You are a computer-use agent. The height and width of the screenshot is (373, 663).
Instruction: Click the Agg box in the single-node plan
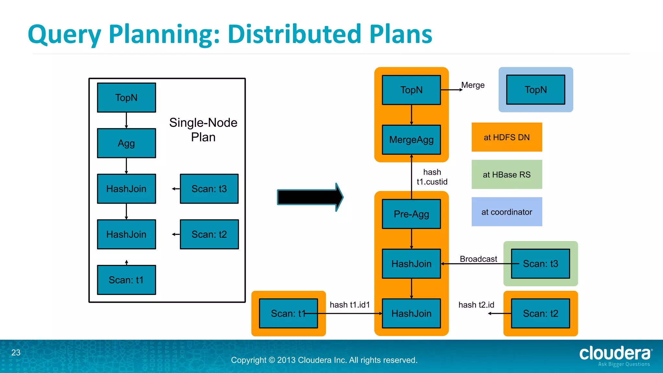(x=126, y=143)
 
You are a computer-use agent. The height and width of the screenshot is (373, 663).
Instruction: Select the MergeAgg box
(x=411, y=140)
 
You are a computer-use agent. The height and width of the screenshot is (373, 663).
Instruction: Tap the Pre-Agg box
(x=411, y=214)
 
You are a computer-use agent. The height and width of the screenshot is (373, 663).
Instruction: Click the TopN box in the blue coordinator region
(x=535, y=90)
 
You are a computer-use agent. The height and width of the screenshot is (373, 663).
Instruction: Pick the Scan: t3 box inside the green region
(x=540, y=264)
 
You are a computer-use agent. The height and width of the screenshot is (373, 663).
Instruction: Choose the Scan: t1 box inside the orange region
(x=288, y=313)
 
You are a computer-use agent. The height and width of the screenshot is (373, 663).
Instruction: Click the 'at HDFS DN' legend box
(x=507, y=137)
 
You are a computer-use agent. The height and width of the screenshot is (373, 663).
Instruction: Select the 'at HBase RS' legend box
(x=507, y=175)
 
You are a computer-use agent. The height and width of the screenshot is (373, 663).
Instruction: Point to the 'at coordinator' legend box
(x=507, y=212)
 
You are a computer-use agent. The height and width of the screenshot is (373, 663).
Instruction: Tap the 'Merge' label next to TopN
(x=473, y=85)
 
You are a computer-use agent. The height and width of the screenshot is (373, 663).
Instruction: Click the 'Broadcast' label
(x=478, y=259)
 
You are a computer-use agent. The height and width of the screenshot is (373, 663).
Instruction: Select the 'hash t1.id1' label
(x=350, y=305)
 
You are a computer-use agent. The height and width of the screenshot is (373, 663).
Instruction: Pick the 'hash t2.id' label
(x=476, y=305)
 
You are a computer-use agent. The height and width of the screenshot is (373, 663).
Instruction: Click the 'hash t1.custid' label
(x=432, y=177)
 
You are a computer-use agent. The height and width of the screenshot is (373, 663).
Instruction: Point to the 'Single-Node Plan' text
(x=203, y=130)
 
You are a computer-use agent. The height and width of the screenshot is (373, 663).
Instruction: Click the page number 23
(x=16, y=352)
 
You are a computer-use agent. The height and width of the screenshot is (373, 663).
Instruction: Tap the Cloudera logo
(x=615, y=356)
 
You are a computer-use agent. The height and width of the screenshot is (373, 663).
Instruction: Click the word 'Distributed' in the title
(x=294, y=34)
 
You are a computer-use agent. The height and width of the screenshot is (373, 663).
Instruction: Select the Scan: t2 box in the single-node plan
(x=209, y=234)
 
